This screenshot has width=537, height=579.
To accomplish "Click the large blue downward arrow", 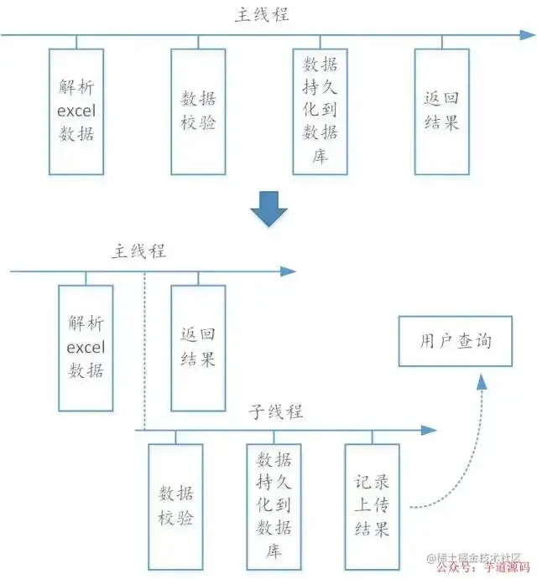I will (268, 209).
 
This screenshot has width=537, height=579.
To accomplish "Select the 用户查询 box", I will (455, 342).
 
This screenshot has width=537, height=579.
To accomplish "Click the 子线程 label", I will (276, 411).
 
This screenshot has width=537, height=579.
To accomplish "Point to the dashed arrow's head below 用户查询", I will (482, 381).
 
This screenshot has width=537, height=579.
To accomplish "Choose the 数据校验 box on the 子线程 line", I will (175, 507).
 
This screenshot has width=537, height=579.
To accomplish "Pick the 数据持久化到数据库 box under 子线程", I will (274, 507).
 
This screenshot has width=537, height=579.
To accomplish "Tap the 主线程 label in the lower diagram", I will (138, 251).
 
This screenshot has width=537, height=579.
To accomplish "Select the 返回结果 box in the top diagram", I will (442, 111).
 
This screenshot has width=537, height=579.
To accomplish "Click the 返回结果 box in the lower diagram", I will (198, 348).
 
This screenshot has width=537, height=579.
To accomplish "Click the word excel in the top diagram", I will (76, 111).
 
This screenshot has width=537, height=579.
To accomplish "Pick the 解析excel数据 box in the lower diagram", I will (86, 348).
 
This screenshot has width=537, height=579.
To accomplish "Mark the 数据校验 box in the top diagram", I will (198, 111).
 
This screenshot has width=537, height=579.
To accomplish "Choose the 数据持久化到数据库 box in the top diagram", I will (320, 111).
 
